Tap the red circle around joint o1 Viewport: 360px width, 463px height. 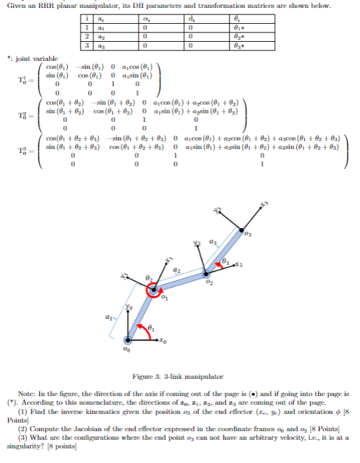point(154,289)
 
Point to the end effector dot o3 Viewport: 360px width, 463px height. point(241,231)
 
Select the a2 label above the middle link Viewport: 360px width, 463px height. point(177,270)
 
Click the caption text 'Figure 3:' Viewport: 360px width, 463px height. point(145,376)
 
